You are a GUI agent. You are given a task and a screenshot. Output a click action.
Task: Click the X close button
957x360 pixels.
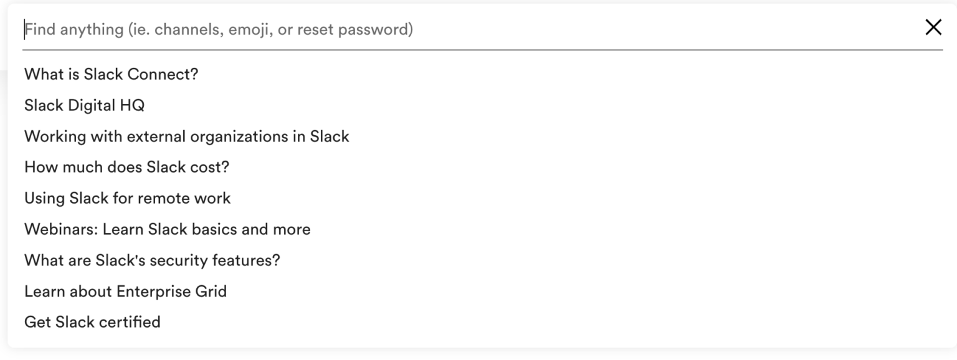click(x=933, y=27)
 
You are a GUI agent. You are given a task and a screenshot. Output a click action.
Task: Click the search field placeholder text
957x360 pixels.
click(x=218, y=29)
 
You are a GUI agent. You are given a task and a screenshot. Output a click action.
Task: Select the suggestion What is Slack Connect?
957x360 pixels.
click(x=111, y=74)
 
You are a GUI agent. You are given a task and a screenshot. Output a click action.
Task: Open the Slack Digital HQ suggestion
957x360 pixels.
click(x=84, y=105)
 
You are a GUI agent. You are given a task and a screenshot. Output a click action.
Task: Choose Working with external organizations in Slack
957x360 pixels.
click(x=186, y=136)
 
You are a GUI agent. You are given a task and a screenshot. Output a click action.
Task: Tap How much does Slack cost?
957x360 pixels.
click(x=126, y=168)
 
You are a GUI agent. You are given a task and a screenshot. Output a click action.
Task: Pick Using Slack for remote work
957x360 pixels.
click(x=127, y=198)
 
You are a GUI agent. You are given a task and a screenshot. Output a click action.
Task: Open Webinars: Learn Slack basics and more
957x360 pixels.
click(x=167, y=229)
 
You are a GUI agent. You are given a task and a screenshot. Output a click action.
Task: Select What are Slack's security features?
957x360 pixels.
click(x=152, y=260)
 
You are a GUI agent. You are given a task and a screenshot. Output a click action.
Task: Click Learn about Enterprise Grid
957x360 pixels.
click(x=125, y=291)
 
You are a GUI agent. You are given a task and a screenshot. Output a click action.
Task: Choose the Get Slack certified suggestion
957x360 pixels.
click(x=92, y=322)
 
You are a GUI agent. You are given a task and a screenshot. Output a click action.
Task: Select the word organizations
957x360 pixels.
click(x=233, y=136)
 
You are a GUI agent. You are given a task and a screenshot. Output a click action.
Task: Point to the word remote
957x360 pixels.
click(x=163, y=198)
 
